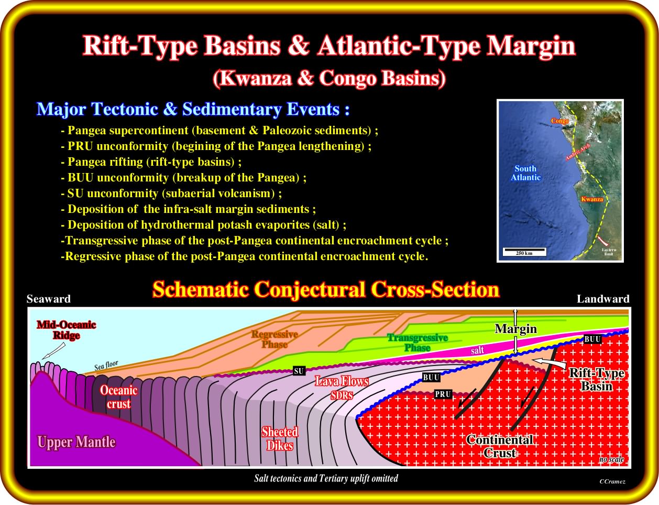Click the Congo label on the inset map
click(560, 121)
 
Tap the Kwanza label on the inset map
click(592, 199)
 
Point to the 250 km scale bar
click(524, 252)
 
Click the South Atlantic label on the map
click(525, 173)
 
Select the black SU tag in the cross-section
click(299, 371)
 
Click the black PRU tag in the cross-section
click(443, 394)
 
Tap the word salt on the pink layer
click(477, 350)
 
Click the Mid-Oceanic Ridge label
click(67, 330)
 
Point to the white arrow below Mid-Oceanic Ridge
click(53, 351)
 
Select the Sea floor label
click(106, 366)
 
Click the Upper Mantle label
click(76, 442)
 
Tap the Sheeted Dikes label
click(280, 439)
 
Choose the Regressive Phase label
click(274, 339)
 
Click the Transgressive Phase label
click(418, 342)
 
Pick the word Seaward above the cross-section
click(49, 299)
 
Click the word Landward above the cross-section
click(603, 299)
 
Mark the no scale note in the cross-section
click(611, 459)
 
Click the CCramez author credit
click(612, 481)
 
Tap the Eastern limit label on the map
click(609, 252)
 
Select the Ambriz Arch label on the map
click(578, 152)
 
